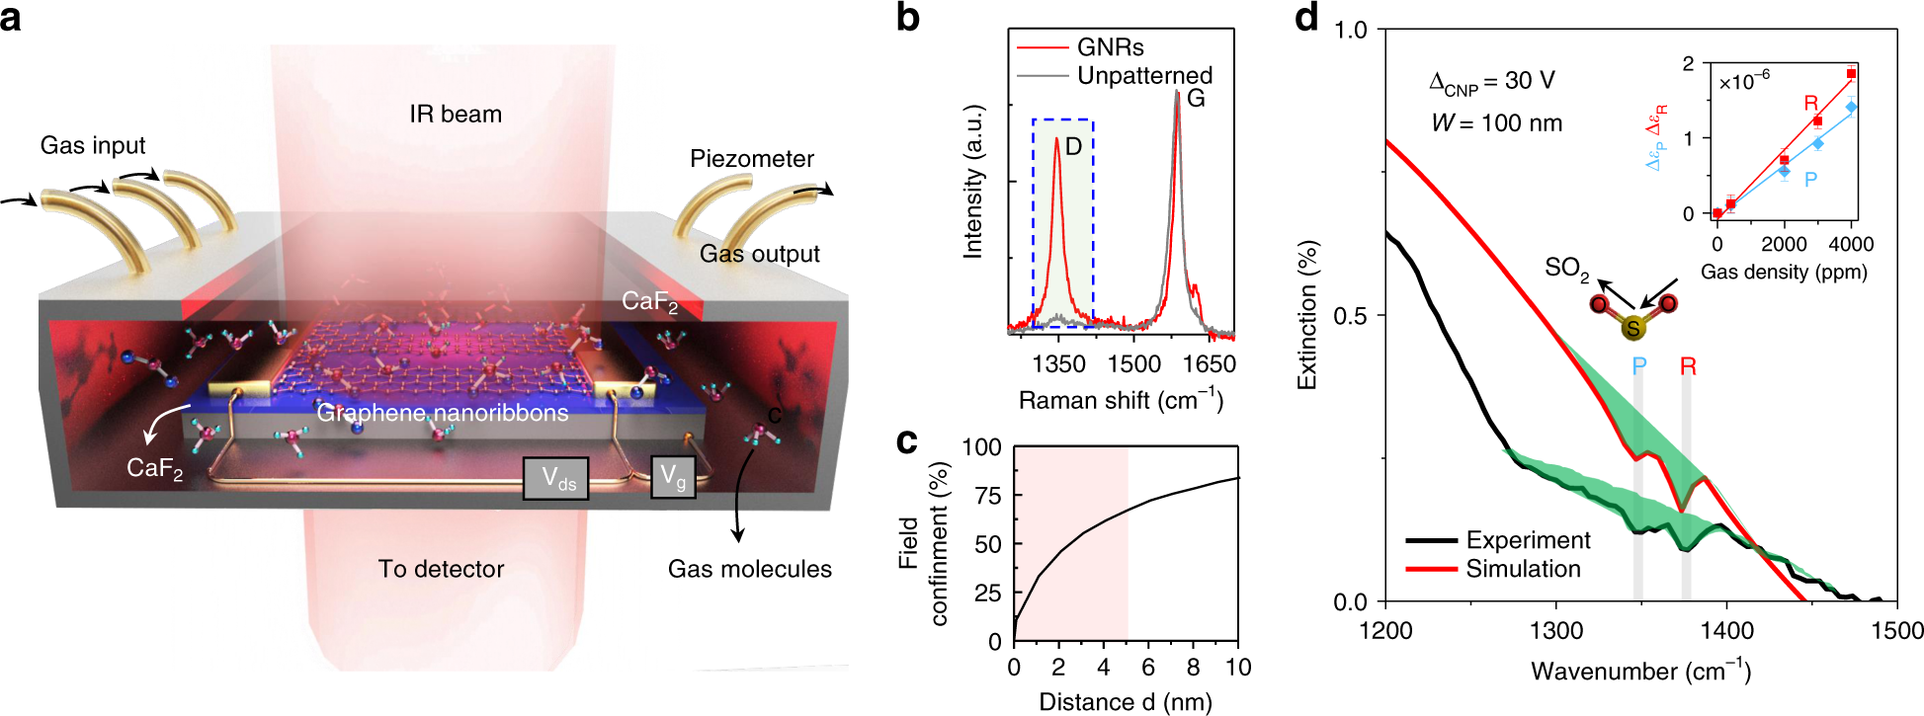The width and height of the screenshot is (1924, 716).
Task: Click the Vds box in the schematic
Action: click(556, 479)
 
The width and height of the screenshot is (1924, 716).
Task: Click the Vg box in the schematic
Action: click(673, 477)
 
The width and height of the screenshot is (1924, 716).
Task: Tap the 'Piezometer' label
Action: click(751, 159)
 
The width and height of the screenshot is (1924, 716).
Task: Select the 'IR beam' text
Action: click(456, 115)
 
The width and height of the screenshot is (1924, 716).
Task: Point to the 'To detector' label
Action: click(441, 569)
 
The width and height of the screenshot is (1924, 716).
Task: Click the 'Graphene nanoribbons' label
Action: click(443, 413)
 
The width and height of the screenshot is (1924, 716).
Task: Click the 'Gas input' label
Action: click(93, 146)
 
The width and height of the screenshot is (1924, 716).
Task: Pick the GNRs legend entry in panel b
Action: click(1109, 47)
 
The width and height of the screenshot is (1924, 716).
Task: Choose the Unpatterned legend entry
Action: click(1143, 75)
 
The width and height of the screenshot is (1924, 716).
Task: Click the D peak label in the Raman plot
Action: click(1073, 146)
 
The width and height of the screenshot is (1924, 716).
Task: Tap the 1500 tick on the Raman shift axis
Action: click(1133, 364)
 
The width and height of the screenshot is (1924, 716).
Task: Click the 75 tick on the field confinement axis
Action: click(987, 496)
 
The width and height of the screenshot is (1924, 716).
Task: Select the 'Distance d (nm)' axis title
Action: click(1126, 702)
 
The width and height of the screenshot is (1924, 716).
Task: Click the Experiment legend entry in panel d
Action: click(1528, 540)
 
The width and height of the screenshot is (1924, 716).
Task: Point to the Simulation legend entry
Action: click(1523, 569)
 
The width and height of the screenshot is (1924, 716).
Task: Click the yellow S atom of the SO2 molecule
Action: click(1632, 328)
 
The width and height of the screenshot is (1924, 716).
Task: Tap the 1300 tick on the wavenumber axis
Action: click(1556, 631)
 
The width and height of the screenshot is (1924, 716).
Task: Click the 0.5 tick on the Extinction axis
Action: click(1350, 316)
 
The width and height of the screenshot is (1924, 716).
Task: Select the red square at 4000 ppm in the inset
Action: click(1851, 74)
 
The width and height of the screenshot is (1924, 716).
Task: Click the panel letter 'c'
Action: click(906, 441)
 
